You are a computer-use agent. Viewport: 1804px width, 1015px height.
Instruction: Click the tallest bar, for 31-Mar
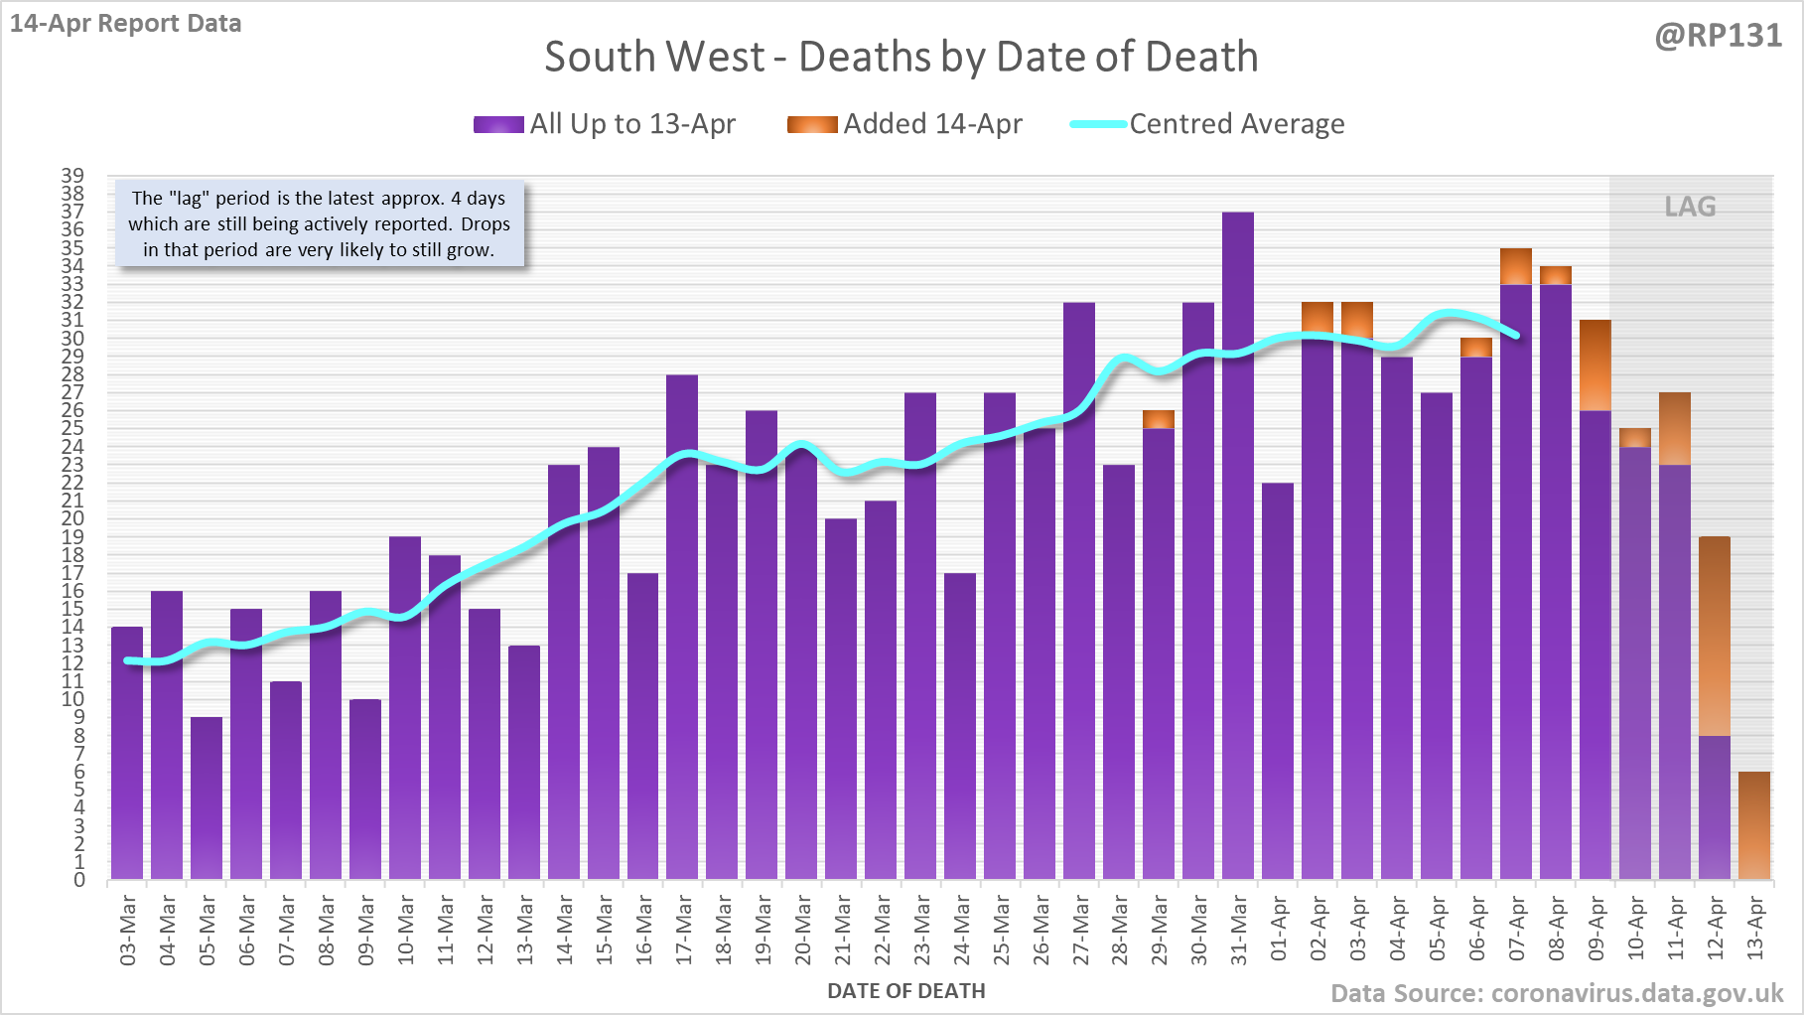coord(1238,546)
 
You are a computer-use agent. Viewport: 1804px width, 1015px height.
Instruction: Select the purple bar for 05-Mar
coord(207,798)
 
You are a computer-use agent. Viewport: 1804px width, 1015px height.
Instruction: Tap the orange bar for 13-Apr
coord(1754,826)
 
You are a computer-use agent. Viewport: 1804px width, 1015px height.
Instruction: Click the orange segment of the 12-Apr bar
coord(1715,636)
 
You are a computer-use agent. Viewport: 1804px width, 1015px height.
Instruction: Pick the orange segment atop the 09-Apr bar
coord(1596,365)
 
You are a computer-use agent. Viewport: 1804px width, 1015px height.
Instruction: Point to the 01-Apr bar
coord(1278,681)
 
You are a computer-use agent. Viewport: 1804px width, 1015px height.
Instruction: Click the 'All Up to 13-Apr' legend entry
coord(605,124)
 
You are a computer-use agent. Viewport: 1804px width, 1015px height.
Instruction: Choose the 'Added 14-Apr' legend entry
coord(904,124)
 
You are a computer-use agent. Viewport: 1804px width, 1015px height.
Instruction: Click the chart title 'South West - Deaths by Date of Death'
coord(901,57)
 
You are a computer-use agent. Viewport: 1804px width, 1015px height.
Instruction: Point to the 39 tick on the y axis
coord(72,176)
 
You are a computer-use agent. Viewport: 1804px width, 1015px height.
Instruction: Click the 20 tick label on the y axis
coord(72,518)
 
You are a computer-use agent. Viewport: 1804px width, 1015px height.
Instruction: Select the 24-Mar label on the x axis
coord(961,930)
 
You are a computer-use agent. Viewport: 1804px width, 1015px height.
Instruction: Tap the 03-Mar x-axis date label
coord(127,930)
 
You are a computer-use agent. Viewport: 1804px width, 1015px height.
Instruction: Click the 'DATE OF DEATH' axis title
coord(905,991)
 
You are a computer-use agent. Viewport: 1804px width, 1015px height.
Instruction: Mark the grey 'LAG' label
coord(1690,207)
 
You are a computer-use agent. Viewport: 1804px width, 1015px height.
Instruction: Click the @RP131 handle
coord(1718,36)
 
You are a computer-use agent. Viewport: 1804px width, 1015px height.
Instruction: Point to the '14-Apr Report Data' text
coord(126,23)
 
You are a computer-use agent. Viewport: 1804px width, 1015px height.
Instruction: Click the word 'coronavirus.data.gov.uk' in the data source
coord(1637,993)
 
